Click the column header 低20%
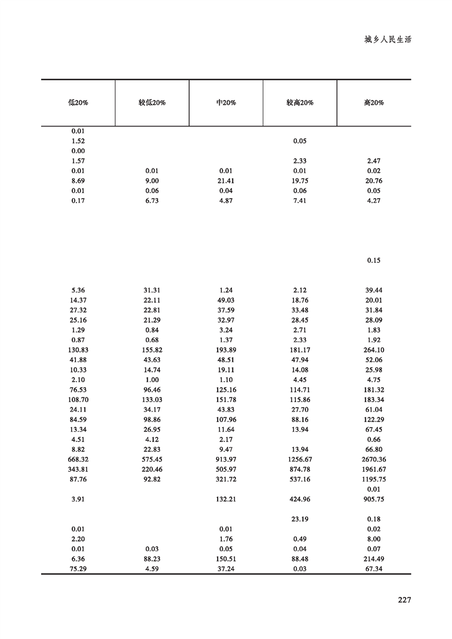78,103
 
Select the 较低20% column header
152,103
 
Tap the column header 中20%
226,103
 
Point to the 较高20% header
300,103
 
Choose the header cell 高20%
373,103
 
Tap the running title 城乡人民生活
388,40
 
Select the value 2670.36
373,460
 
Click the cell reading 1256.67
300,460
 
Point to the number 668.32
78,460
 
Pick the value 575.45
152,460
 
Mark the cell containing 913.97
226,460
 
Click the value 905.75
373,499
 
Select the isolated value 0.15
373,261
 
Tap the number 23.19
300,519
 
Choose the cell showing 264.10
373,350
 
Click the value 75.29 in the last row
78,569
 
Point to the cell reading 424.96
300,499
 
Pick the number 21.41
226,181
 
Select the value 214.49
373,559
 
